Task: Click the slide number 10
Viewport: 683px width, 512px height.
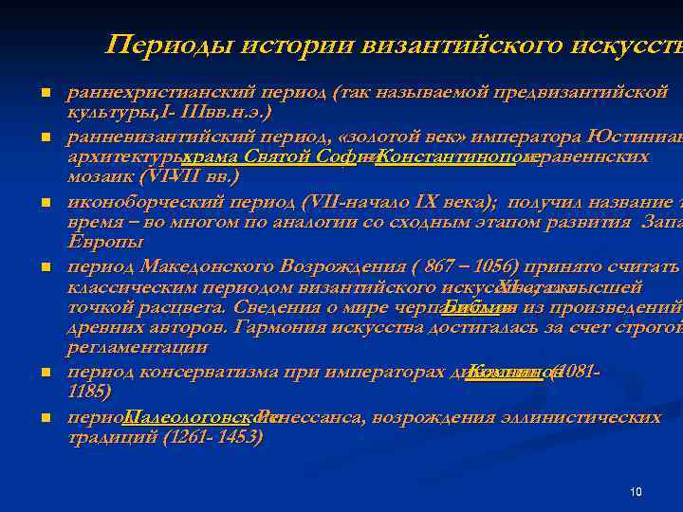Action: point(636,491)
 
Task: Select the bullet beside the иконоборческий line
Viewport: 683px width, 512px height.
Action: point(45,203)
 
